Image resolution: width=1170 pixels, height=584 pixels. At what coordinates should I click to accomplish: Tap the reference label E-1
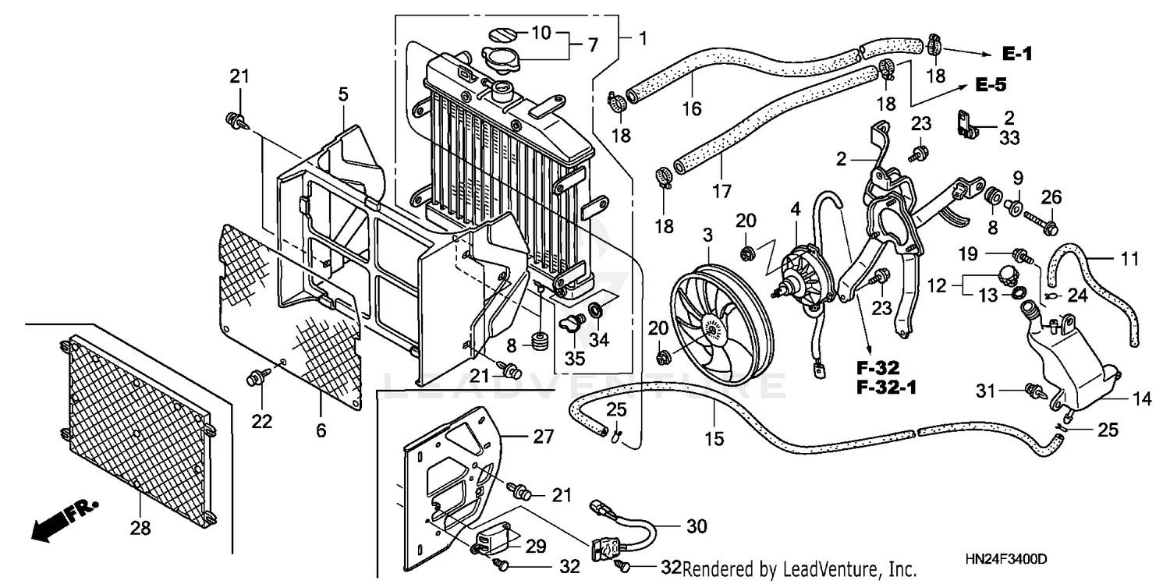(1017, 53)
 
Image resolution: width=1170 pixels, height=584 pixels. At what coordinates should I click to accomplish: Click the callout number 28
(140, 528)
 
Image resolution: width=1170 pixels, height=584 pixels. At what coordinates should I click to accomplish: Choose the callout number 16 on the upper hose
(693, 108)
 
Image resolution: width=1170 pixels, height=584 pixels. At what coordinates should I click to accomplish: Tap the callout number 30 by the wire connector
(697, 527)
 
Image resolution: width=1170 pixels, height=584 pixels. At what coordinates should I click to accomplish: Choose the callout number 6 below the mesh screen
(321, 429)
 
